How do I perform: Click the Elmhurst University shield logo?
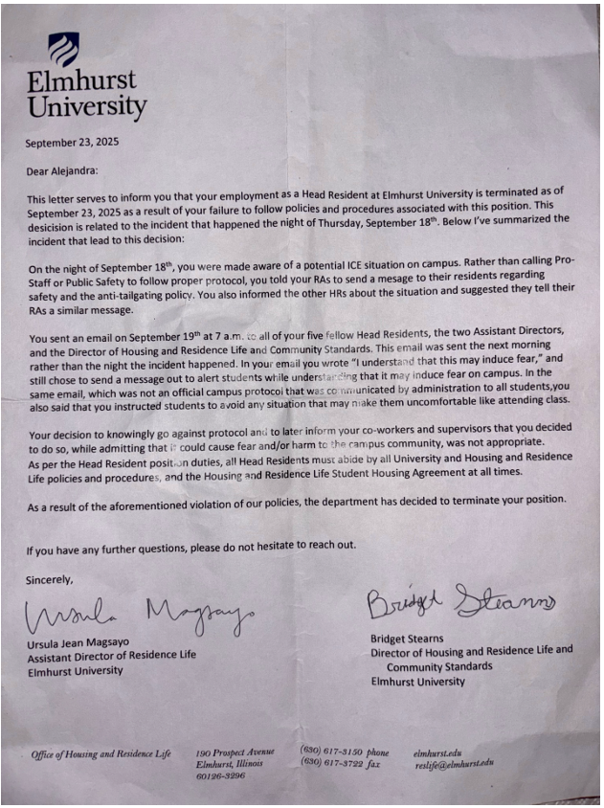(63, 49)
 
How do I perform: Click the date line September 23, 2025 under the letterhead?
(72, 143)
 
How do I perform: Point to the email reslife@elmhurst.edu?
(455, 763)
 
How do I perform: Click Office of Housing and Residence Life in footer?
(101, 754)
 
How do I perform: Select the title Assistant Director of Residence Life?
(111, 655)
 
